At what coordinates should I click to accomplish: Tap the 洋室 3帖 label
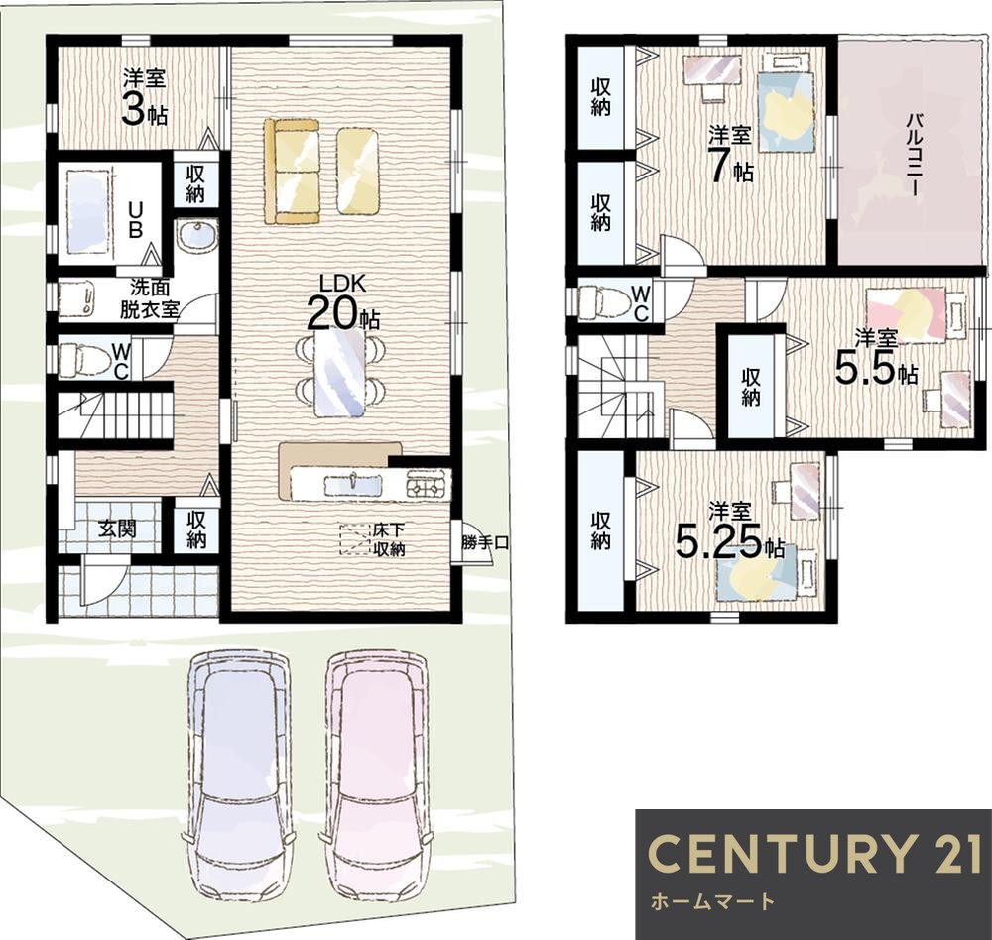tap(145, 99)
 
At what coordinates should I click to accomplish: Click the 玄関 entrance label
tap(117, 529)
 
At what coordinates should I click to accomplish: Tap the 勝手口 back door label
tap(485, 542)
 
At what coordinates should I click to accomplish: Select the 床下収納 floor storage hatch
tap(355, 539)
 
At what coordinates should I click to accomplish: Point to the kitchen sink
tap(353, 486)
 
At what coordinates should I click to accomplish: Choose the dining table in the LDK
tap(339, 374)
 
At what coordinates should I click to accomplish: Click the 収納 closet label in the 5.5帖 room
tap(751, 387)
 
